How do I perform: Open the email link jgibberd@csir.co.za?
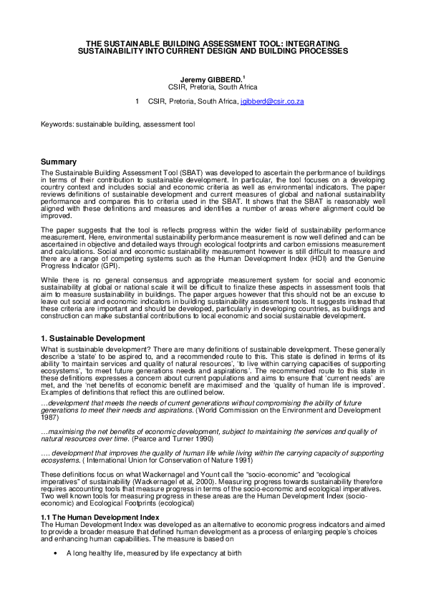tap(271, 102)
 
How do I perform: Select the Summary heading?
tap(59, 162)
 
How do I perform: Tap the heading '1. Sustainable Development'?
tap(93, 337)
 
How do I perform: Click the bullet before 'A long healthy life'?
tap(55, 553)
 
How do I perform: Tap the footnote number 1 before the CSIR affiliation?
tap(137, 102)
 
